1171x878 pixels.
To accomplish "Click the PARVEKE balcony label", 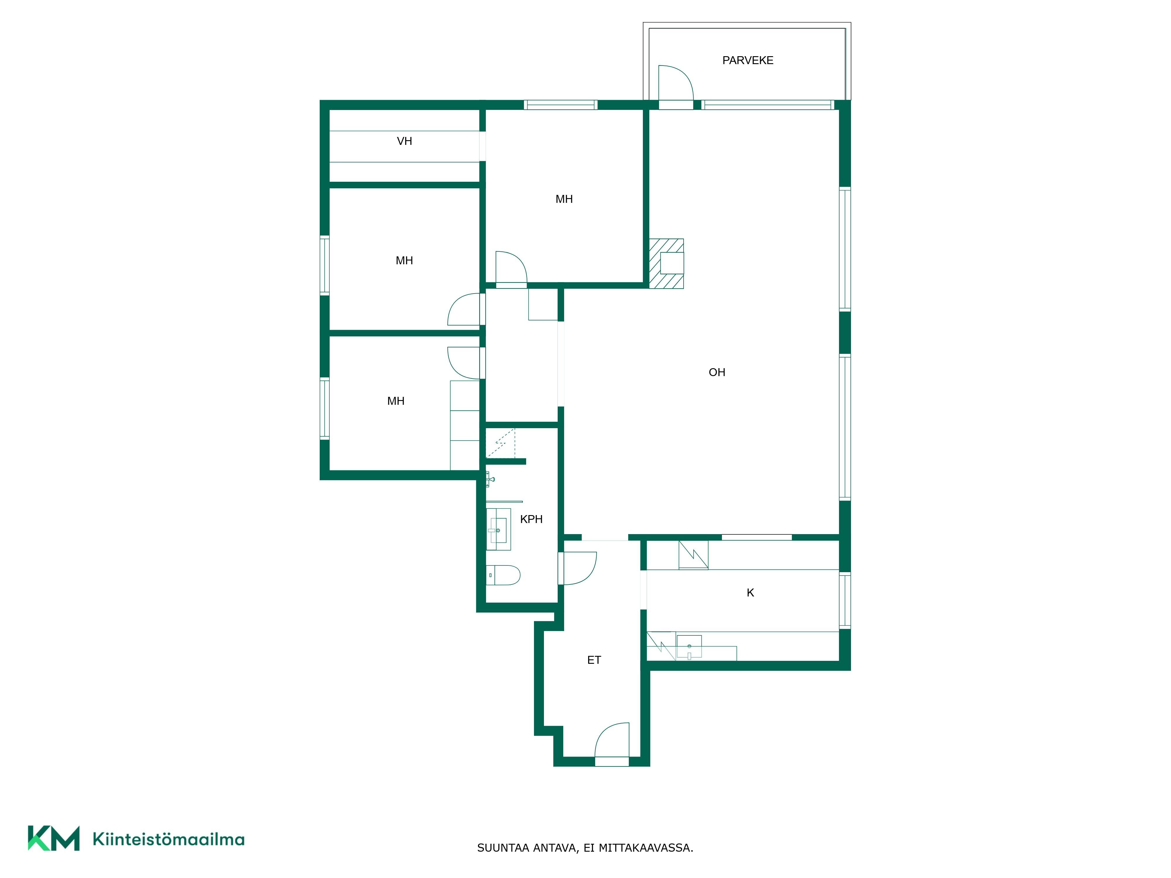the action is pyautogui.click(x=747, y=60).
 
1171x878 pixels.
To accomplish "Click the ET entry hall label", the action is pyautogui.click(x=594, y=660).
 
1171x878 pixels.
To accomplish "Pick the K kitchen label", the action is pyautogui.click(x=750, y=593).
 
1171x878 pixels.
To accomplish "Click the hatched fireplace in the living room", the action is pyautogui.click(x=667, y=264).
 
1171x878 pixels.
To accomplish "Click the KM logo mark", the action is pyautogui.click(x=54, y=838).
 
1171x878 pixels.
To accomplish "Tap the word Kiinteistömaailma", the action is pyautogui.click(x=168, y=839).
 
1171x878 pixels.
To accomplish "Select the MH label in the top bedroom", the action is pyautogui.click(x=564, y=199).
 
